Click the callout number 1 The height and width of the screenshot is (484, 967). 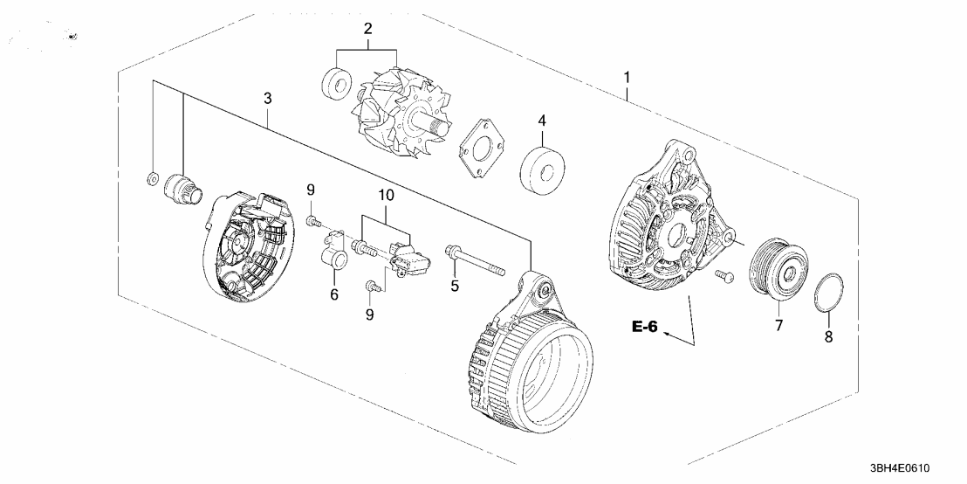627,80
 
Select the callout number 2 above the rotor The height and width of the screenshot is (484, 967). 367,29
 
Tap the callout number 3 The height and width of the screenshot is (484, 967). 268,100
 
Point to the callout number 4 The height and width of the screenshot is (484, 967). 541,120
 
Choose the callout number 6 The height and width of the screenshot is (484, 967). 333,295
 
